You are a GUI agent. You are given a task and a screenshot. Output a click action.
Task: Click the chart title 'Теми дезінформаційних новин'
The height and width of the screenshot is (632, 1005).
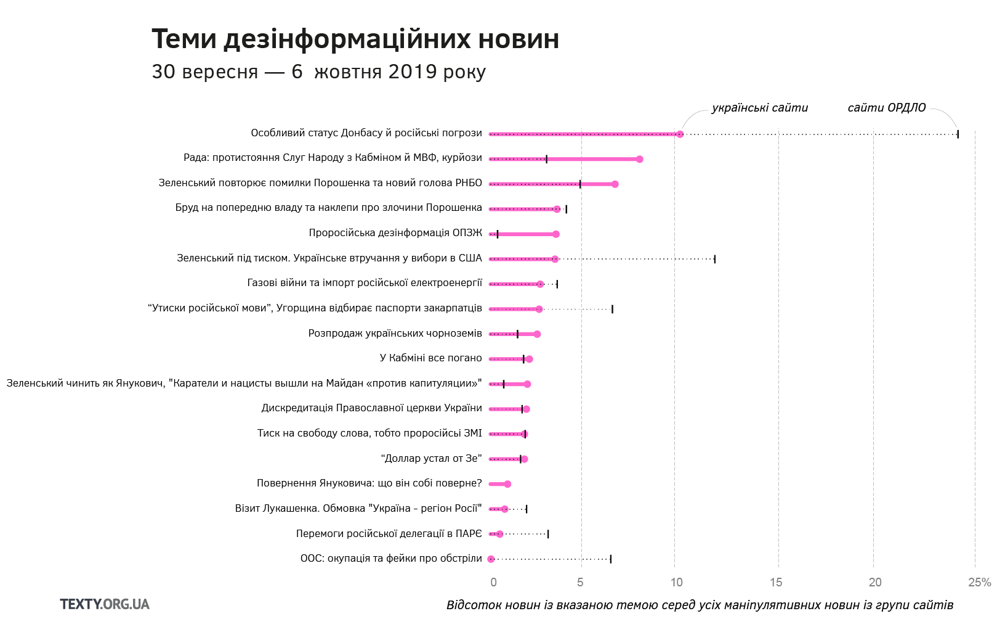coord(355,39)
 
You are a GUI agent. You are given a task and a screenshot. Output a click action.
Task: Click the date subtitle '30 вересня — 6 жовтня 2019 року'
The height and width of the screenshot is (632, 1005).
coord(318,72)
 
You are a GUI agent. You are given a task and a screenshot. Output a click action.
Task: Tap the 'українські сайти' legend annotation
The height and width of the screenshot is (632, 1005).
coord(759,108)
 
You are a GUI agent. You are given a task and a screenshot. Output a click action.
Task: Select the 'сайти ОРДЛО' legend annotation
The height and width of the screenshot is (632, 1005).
coord(886,108)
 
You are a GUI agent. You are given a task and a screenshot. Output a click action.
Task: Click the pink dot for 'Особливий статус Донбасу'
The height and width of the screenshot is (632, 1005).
coord(680,134)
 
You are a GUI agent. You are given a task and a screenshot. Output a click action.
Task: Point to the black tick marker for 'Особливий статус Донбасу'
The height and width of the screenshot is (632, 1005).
coord(958,134)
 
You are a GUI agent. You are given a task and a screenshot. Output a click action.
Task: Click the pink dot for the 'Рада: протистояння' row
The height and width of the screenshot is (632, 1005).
coord(639,159)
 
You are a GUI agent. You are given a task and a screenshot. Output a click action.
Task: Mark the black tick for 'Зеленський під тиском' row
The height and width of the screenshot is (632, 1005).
coord(714,259)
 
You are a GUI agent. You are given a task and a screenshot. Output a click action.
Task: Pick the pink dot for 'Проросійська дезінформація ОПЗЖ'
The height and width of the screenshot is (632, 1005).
coord(556,234)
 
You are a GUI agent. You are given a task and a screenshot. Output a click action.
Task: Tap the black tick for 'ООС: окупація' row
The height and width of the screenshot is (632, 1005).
coord(610,559)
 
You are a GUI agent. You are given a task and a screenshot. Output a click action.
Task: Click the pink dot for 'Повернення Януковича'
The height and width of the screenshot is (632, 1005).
coord(507,484)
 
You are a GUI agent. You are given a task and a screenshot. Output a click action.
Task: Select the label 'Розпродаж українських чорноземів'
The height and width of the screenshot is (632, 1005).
coord(395,334)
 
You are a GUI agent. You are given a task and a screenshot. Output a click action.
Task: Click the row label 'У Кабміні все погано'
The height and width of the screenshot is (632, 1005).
coord(430,358)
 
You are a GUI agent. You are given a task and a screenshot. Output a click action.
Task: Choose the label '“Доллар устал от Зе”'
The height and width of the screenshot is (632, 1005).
coord(431,458)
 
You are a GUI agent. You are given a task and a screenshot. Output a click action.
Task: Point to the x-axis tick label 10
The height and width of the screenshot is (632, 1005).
coord(676,582)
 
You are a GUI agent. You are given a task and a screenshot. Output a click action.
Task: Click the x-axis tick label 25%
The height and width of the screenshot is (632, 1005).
coord(979,582)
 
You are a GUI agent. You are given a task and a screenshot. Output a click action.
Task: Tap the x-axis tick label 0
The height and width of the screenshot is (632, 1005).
coord(493,582)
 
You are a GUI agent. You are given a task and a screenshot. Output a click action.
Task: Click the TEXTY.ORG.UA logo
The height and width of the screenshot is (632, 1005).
coord(105,604)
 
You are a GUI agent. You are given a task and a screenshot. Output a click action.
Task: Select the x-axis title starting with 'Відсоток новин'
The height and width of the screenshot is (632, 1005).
coord(700,605)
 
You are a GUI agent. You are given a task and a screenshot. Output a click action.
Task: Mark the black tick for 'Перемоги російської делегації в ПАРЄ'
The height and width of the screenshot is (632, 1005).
coord(547,534)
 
